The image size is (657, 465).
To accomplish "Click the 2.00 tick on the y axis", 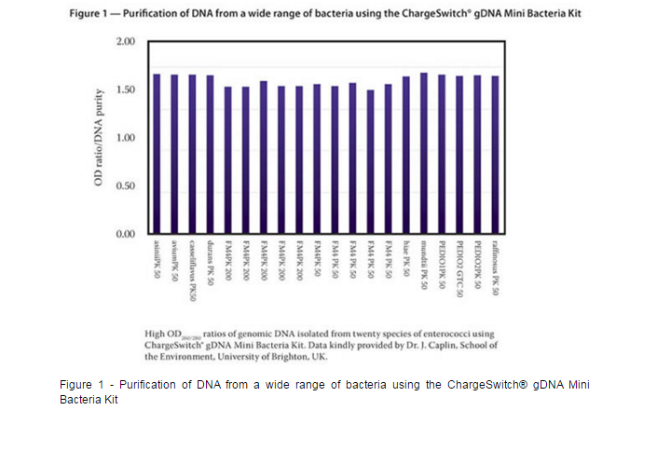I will tap(125, 43).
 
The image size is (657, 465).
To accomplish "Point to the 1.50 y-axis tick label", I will tap(125, 90).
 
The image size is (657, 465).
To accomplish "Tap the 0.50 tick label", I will tap(125, 185).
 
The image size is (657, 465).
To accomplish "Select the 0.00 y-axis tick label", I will tap(125, 233).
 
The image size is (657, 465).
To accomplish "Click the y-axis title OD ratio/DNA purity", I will tap(97, 137).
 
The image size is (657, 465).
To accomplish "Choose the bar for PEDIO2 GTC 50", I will tap(459, 154).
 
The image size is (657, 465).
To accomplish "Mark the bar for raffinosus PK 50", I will tap(495, 154).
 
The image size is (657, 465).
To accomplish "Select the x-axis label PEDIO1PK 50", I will tap(442, 267).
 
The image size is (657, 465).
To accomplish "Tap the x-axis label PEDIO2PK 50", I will tap(477, 267).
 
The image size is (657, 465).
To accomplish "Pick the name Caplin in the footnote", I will tap(437, 345).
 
